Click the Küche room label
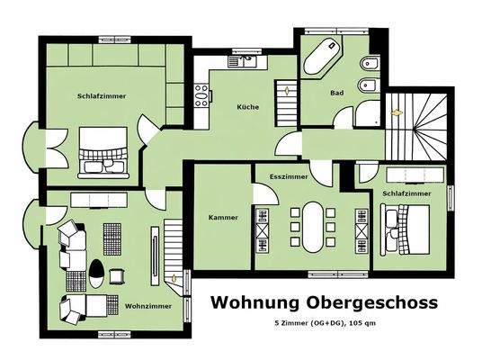point(248,106)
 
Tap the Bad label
point(337,92)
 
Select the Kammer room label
point(222,218)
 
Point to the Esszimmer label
point(289,177)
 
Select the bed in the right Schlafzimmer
point(410,229)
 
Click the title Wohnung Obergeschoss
point(324,302)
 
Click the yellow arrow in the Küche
point(286,90)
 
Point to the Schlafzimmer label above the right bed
point(406,193)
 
